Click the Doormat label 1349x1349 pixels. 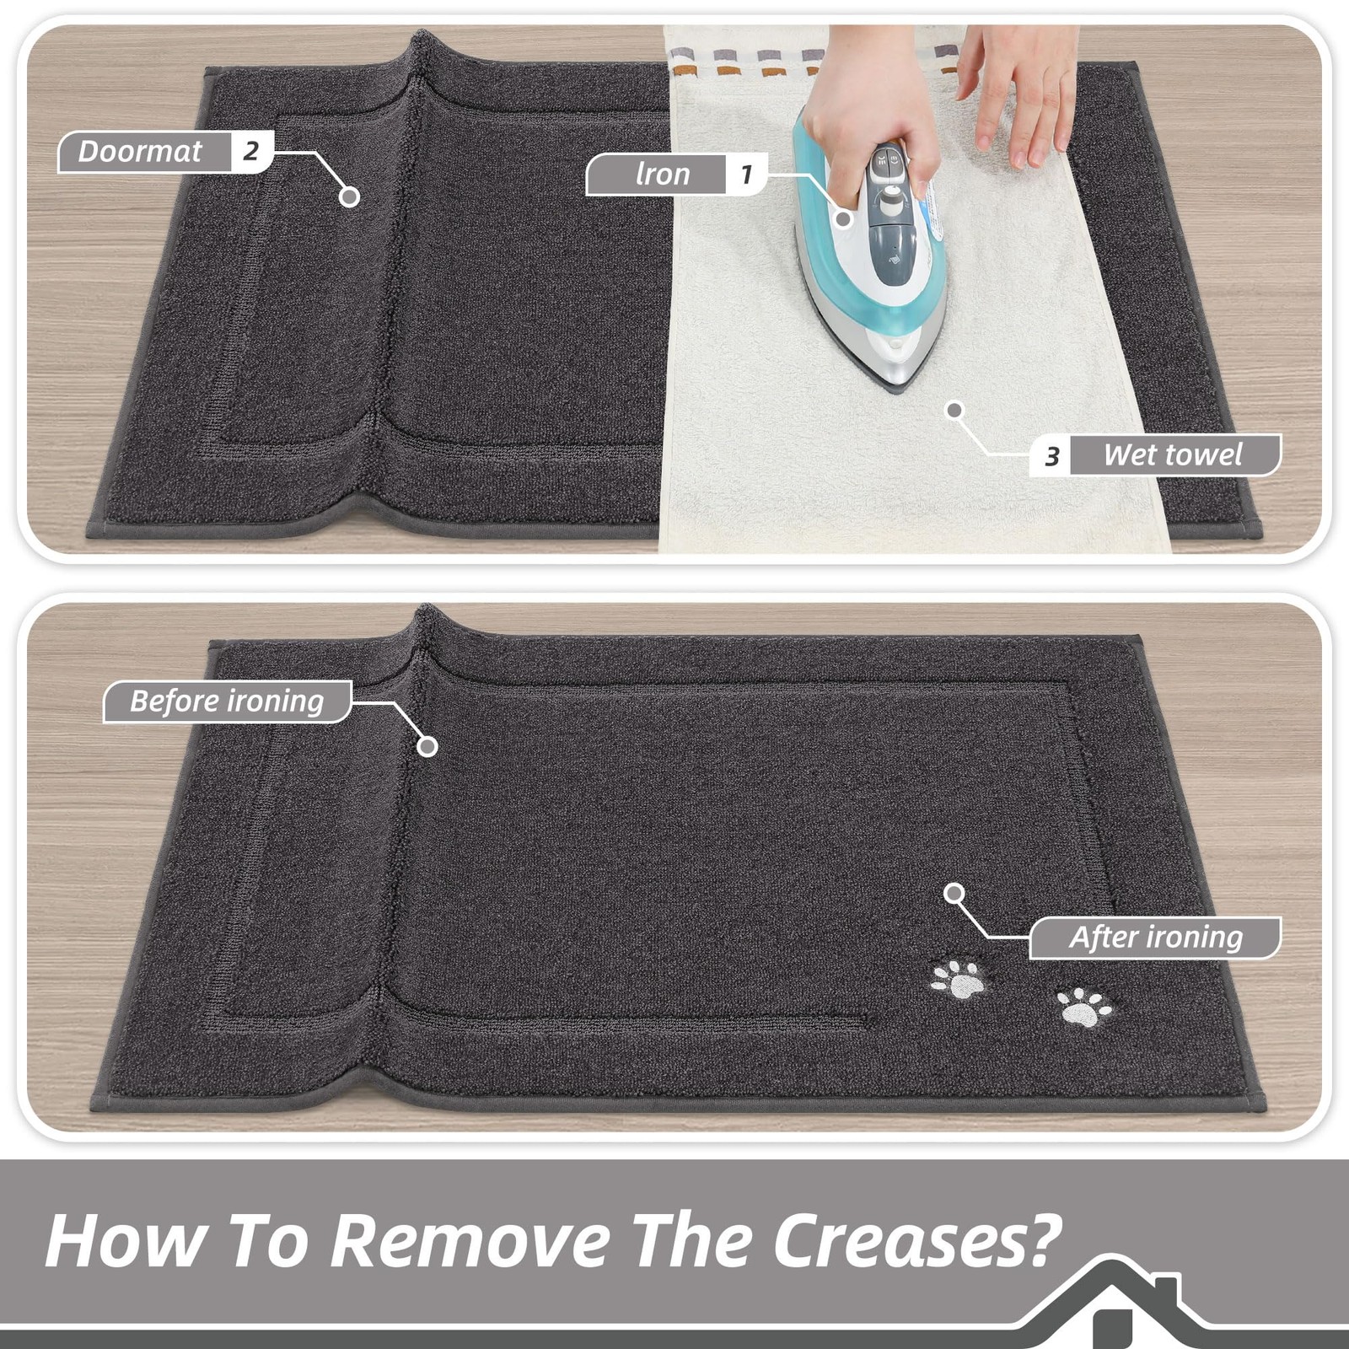[x=140, y=152]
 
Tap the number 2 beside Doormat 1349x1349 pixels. [x=250, y=152]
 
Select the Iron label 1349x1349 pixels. [x=663, y=175]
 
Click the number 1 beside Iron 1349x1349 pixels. [x=746, y=175]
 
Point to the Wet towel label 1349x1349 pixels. [x=1173, y=455]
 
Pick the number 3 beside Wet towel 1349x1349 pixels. [x=1051, y=456]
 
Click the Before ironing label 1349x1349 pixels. [x=227, y=701]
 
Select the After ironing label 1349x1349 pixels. [x=1156, y=938]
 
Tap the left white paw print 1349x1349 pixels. [x=959, y=979]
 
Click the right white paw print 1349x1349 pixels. [x=1084, y=1008]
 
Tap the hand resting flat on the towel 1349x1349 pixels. [x=1020, y=93]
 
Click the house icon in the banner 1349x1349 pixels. [x=1113, y=1303]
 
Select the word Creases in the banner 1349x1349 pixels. [x=917, y=1240]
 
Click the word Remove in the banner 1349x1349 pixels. [x=469, y=1240]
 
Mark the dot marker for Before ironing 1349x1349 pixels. [x=427, y=746]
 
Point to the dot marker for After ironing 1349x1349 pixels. [x=954, y=894]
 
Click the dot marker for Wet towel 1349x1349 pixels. [x=954, y=411]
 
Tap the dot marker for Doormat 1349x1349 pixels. [x=349, y=196]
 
